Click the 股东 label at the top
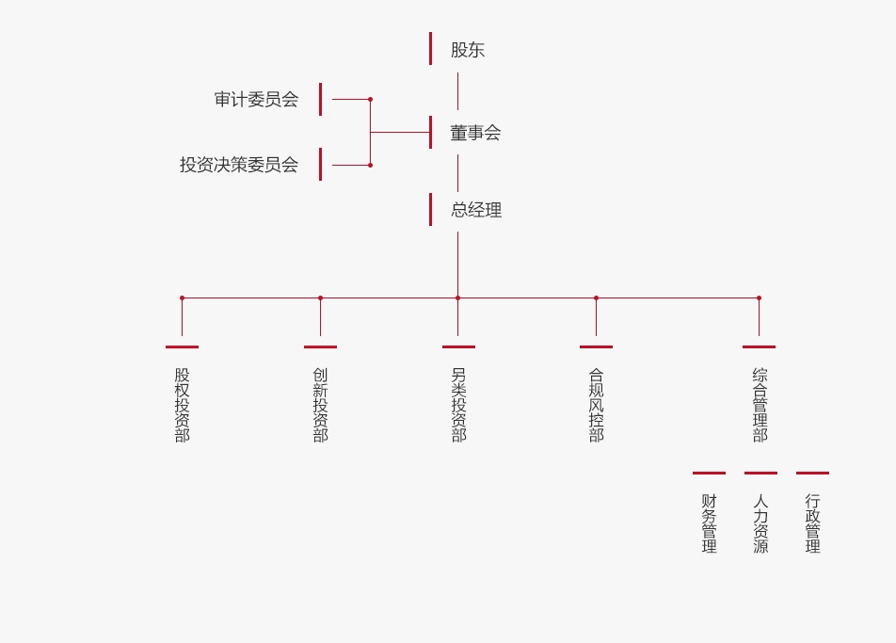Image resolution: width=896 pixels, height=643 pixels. [x=468, y=50]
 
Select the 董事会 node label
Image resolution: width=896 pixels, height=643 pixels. [x=475, y=133]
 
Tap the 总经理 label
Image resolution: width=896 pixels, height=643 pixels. [x=476, y=210]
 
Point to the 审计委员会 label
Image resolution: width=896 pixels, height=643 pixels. [x=256, y=99]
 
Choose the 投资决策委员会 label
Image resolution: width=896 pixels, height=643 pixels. [x=239, y=165]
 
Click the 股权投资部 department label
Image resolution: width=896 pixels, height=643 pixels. [x=182, y=405]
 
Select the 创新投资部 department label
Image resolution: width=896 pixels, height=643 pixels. [x=320, y=405]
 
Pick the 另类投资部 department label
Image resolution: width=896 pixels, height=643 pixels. [x=458, y=405]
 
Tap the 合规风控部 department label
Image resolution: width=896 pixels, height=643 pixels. [x=596, y=405]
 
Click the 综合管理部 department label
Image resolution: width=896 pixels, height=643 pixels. [x=760, y=405]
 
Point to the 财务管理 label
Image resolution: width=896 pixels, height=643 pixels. [x=709, y=523]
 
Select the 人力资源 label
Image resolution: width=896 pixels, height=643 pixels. [x=760, y=523]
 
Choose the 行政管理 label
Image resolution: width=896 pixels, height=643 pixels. [x=812, y=523]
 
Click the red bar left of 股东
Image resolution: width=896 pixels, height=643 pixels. [x=430, y=49]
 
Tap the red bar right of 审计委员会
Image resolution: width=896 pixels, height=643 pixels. [x=320, y=99]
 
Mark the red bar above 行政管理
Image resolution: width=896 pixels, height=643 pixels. [x=812, y=473]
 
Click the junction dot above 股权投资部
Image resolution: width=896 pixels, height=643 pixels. [x=182, y=297]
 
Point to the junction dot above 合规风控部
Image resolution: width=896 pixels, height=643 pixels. [x=596, y=297]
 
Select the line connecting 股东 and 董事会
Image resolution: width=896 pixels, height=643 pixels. [x=458, y=91]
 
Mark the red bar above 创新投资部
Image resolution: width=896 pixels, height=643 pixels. [x=320, y=346]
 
